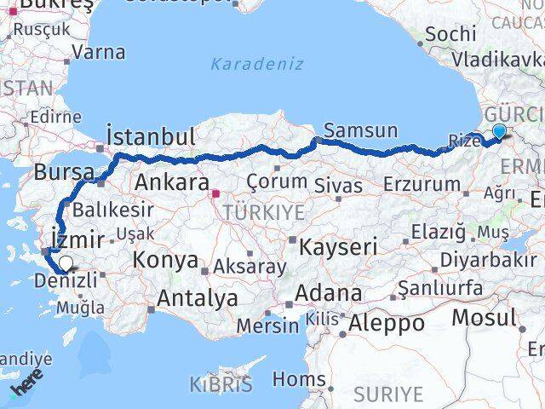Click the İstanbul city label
151,136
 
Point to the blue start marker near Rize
498,131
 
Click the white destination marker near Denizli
66,264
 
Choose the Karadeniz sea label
247,63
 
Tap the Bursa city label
64,172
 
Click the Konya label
167,260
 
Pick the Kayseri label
338,247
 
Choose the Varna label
99,51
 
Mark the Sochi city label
450,33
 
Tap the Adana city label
329,294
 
